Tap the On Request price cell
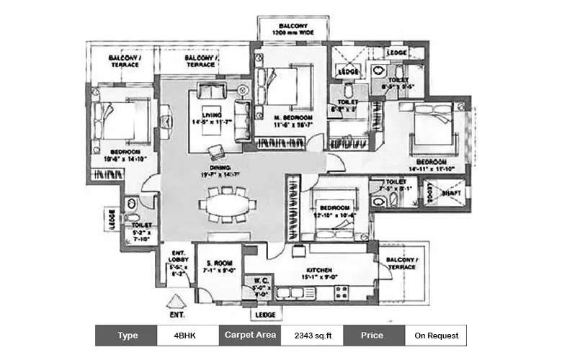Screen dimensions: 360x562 [435, 336]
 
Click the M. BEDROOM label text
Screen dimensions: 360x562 [292, 117]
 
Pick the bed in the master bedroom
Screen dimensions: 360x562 [281, 86]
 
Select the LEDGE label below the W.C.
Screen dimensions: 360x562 [264, 315]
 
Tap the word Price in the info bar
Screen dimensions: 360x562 [373, 336]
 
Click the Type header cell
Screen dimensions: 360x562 [126, 336]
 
